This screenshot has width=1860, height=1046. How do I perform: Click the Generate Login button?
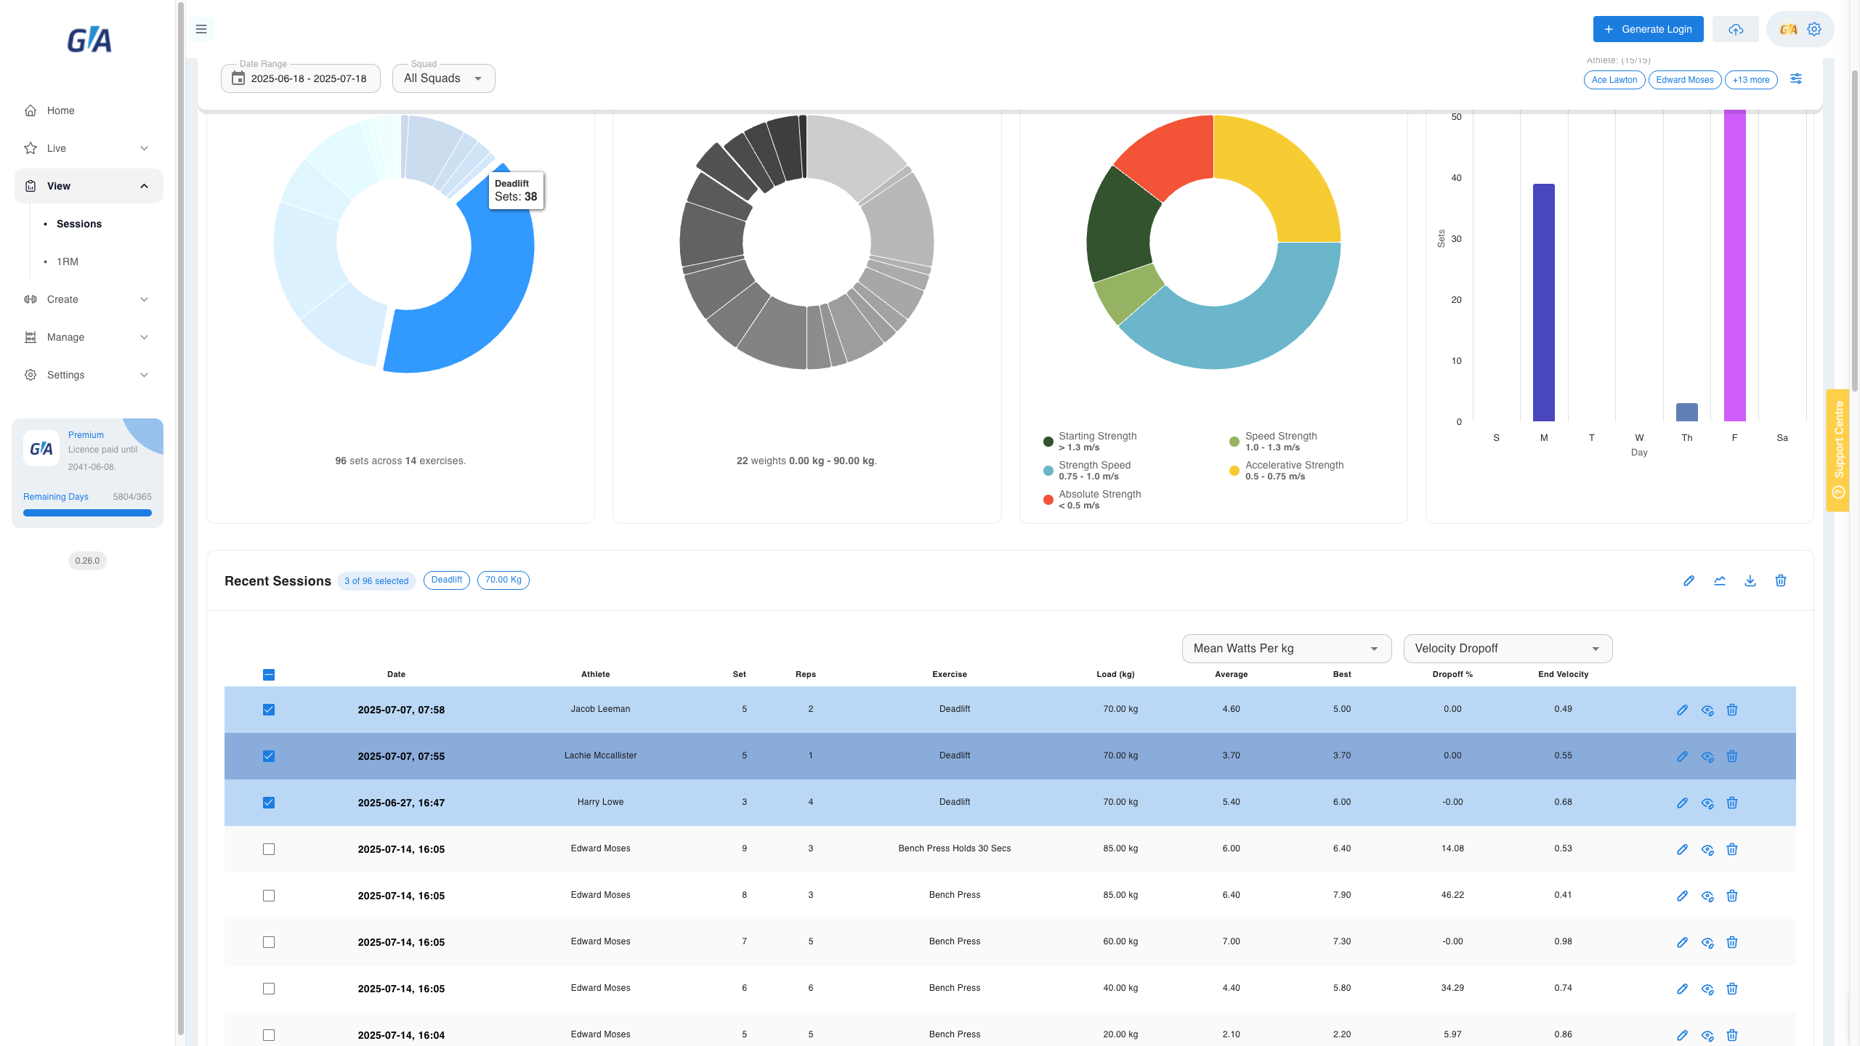1648,29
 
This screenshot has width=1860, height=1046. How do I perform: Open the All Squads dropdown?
443,78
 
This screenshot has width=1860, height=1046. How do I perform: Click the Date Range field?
300,78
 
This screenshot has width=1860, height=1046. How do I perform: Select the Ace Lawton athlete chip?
1614,80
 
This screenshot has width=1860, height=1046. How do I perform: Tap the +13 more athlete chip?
1751,80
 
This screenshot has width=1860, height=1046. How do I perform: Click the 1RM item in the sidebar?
68,261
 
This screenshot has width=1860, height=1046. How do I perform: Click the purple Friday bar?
1735,265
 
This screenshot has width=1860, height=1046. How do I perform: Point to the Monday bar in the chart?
1544,302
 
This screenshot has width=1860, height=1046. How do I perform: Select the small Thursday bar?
1687,413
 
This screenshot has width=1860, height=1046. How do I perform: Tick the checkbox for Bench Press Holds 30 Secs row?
269,849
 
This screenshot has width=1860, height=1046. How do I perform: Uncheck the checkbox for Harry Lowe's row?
269,803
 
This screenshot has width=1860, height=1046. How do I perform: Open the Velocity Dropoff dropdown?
1508,649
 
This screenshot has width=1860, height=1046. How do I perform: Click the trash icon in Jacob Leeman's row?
1732,710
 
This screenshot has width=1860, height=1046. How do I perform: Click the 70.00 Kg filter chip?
504,580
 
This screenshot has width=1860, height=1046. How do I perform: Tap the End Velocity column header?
1563,674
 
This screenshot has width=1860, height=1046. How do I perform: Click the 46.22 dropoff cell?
1452,895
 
